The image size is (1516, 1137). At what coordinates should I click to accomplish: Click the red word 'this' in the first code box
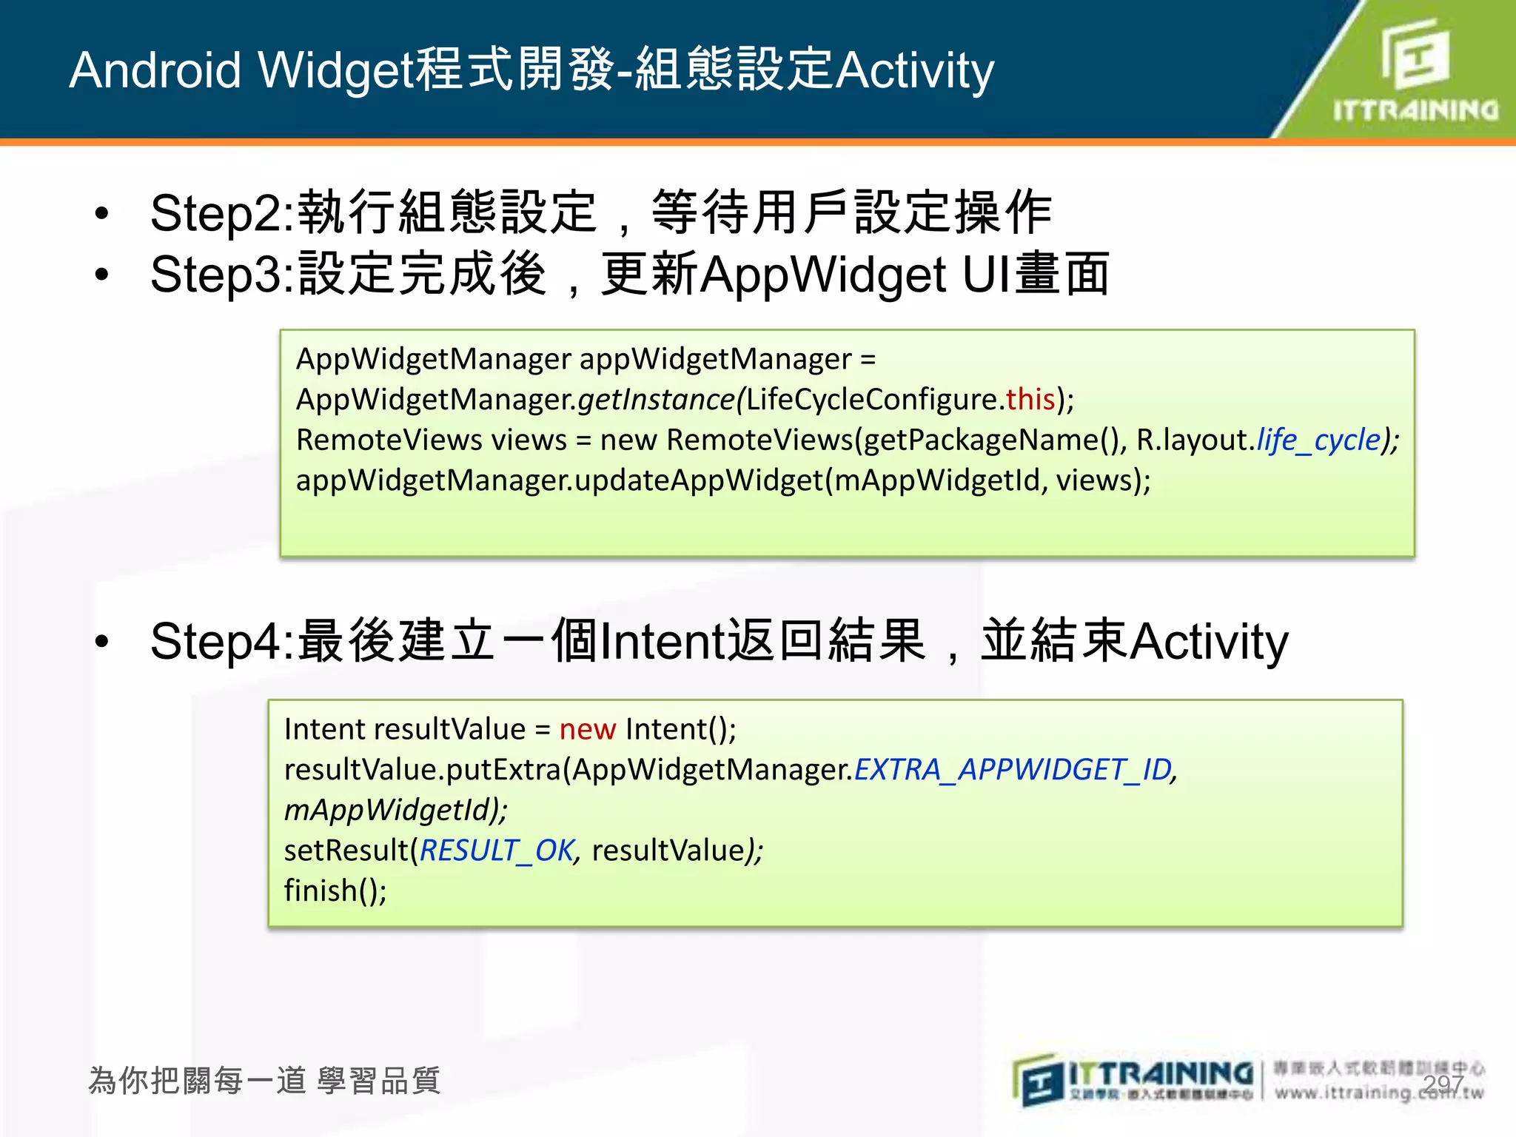point(1030,400)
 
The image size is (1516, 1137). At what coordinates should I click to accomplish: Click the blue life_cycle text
point(1318,440)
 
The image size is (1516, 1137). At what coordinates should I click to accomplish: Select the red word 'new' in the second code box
point(587,730)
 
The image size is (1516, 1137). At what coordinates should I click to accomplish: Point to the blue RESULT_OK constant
point(497,851)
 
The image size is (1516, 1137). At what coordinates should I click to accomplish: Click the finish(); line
point(335,891)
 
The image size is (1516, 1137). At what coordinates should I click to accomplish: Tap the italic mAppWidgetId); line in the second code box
point(395,810)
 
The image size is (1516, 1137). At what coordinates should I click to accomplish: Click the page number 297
point(1443,1084)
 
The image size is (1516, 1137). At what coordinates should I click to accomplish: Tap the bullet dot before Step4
point(102,641)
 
